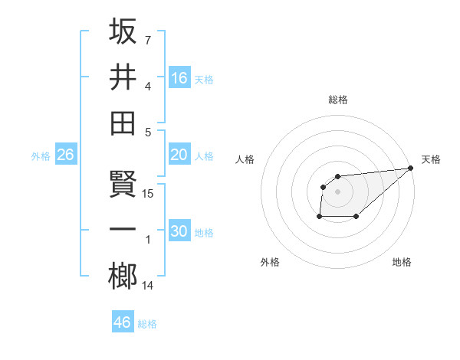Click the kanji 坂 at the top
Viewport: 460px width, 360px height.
pyautogui.click(x=123, y=31)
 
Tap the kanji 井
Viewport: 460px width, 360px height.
pyautogui.click(x=123, y=77)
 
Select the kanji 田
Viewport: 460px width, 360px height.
pyautogui.click(x=123, y=123)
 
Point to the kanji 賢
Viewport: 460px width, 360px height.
pyautogui.click(x=123, y=185)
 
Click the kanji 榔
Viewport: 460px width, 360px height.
pyautogui.click(x=123, y=277)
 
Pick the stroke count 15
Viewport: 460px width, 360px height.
pyautogui.click(x=149, y=194)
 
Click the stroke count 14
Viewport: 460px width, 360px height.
pyautogui.click(x=149, y=286)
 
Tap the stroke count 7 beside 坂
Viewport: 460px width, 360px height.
pyautogui.click(x=148, y=39)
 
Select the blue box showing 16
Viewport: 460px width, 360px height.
pyautogui.click(x=179, y=77)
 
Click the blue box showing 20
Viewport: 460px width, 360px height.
pyautogui.click(x=179, y=155)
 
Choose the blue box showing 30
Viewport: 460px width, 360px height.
pyautogui.click(x=179, y=231)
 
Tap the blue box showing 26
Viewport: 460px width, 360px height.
pyautogui.click(x=65, y=155)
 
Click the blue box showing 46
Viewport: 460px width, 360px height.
pyautogui.click(x=123, y=322)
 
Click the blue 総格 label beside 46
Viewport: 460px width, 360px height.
pyautogui.click(x=147, y=324)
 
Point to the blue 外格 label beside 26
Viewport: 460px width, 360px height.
pyautogui.click(x=41, y=156)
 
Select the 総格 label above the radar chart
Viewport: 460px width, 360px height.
pyautogui.click(x=338, y=100)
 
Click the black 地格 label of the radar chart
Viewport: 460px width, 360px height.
pyautogui.click(x=402, y=262)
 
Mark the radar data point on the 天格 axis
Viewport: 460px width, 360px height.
pyautogui.click(x=411, y=169)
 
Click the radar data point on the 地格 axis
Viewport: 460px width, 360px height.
pyautogui.click(x=356, y=217)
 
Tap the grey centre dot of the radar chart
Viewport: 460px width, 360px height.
pyautogui.click(x=338, y=191)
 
